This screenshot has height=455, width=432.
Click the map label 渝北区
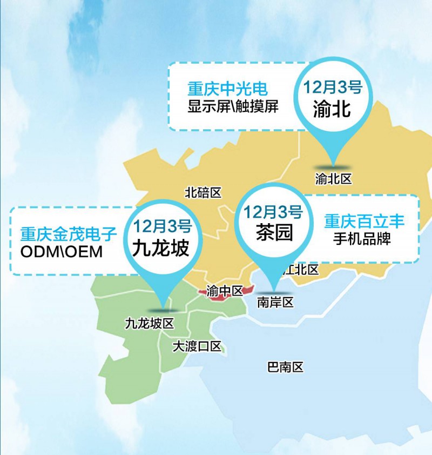point(333,178)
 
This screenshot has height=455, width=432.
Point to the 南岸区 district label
point(275,302)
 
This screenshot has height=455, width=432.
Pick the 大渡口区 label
point(197,346)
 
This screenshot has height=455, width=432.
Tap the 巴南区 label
point(286,367)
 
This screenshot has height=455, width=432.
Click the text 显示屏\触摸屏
point(233,106)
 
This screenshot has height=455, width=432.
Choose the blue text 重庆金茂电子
point(69,234)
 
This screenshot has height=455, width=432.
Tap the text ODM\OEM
point(60,252)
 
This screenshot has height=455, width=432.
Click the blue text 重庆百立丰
point(364,221)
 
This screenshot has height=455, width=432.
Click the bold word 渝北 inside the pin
point(332,109)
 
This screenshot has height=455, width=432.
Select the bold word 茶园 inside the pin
point(274,232)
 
